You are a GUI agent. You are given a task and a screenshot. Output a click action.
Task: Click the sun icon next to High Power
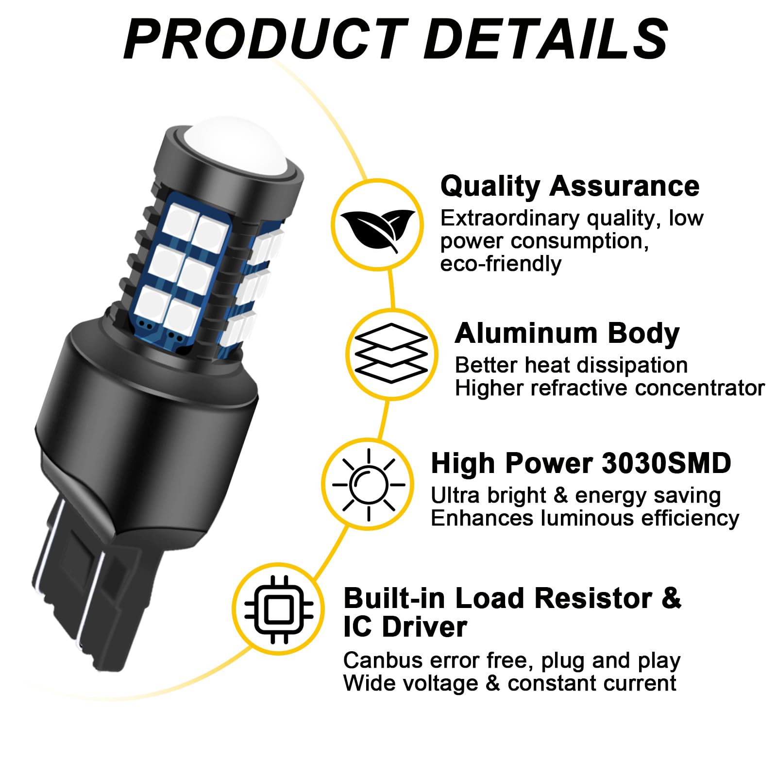click(369, 485)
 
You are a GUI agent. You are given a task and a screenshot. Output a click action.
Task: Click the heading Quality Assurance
click(570, 186)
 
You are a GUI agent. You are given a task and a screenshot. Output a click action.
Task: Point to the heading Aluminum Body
click(567, 334)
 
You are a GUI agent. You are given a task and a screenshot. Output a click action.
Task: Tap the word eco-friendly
click(501, 264)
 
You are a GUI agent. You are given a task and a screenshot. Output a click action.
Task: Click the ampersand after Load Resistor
click(671, 598)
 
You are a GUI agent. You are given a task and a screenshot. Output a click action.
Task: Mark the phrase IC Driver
click(405, 626)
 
